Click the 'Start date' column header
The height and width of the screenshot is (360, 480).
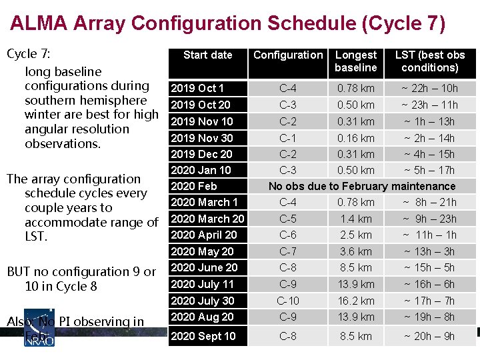click(207, 55)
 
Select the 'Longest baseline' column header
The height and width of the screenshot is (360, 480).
click(355, 61)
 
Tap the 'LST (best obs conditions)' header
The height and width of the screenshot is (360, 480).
click(429, 61)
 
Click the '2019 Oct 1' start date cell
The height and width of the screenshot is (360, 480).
click(197, 88)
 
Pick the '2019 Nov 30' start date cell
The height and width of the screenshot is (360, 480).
click(202, 138)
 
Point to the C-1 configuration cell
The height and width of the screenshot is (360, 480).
click(288, 138)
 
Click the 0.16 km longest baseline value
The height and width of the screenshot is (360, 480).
click(355, 138)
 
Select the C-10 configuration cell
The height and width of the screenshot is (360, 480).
click(288, 301)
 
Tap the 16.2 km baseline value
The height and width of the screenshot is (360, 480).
click(355, 301)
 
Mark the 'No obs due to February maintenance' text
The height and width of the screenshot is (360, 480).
click(361, 186)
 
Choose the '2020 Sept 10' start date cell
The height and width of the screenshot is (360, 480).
click(203, 336)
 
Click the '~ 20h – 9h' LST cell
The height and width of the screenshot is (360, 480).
click(429, 336)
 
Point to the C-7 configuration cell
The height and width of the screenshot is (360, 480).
click(288, 251)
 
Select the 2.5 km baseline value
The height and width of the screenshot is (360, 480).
click(355, 235)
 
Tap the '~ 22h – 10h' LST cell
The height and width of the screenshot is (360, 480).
click(429, 88)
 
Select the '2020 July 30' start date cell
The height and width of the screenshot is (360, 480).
click(202, 301)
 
